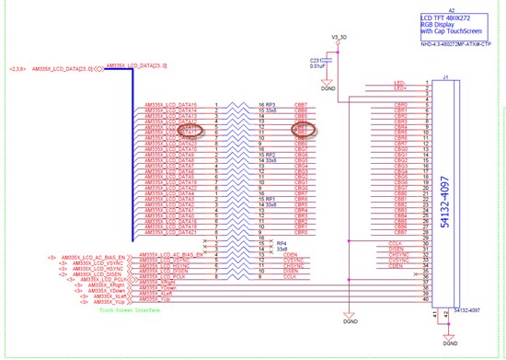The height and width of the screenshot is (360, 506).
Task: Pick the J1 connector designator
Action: point(445,77)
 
